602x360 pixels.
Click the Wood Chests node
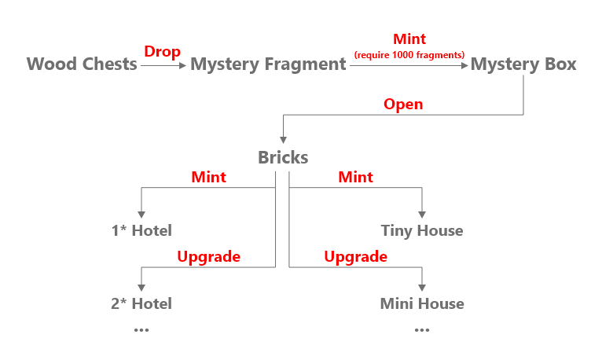82,64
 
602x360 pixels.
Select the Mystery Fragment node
268,64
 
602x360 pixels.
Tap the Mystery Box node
523,64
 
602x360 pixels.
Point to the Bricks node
283,157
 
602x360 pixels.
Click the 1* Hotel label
141,230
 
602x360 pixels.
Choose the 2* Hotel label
141,303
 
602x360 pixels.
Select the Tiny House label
422,230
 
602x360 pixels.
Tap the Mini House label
422,303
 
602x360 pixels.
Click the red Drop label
162,51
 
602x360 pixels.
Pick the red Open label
403,105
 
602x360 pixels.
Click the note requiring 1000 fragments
409,54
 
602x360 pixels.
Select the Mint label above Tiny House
355,177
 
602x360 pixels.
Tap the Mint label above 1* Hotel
208,177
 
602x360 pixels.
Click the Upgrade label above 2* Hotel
208,256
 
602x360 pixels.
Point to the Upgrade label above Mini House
355,256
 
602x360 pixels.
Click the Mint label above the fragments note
409,39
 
